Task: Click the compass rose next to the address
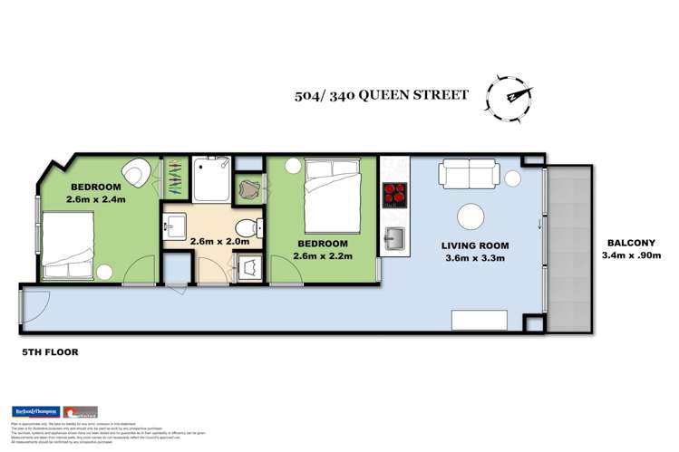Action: click(510, 95)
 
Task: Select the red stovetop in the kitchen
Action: click(395, 194)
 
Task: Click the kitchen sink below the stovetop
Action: click(395, 239)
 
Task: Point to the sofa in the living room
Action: click(469, 174)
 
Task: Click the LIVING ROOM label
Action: click(474, 245)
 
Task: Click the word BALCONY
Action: click(632, 243)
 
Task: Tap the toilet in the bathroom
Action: click(243, 227)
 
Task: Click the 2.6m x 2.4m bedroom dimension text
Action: click(95, 198)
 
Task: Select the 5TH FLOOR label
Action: click(44, 351)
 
